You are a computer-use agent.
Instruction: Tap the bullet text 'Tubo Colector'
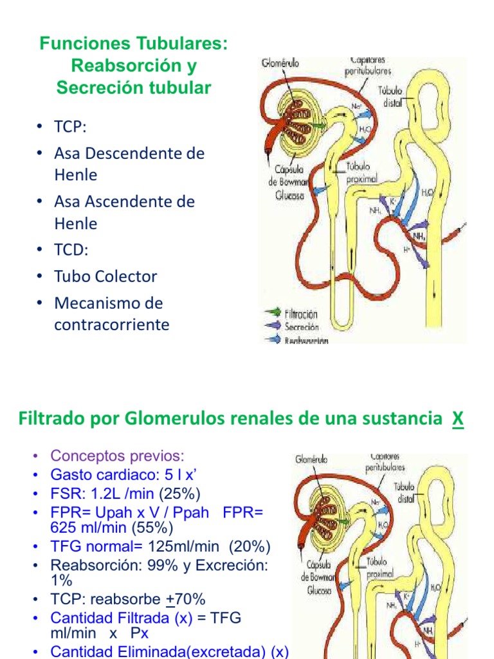coord(105,276)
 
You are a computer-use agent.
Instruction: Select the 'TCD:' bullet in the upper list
coord(70,250)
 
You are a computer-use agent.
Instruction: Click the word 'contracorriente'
coord(111,324)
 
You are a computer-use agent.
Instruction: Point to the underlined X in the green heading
coord(457,419)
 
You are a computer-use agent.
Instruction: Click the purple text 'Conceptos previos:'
coord(117,456)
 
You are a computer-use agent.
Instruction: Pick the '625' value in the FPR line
coord(65,528)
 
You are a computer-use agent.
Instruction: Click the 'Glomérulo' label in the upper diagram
coord(280,64)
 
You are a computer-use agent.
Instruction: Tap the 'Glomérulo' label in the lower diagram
coord(311,459)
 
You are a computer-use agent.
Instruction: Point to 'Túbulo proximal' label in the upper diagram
coord(361,172)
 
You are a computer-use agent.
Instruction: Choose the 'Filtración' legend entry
coord(301,315)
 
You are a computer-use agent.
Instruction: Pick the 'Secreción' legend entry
coord(302,327)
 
